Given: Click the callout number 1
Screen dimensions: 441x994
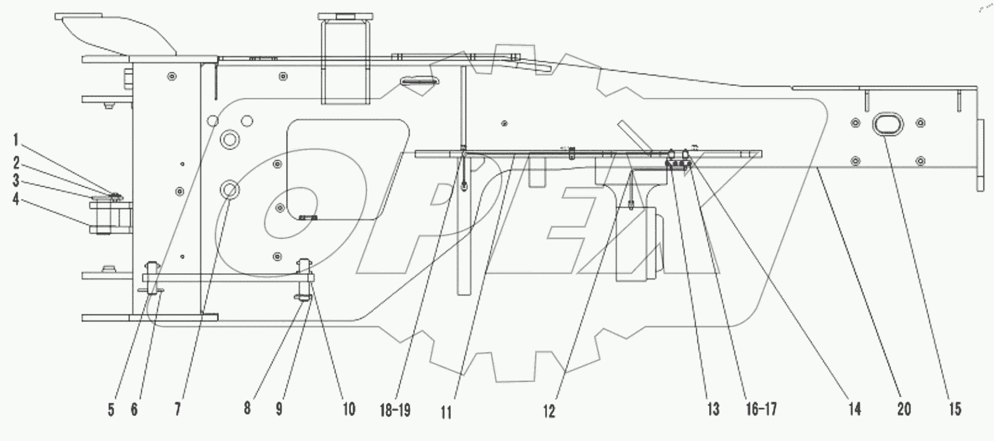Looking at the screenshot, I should point(16,140).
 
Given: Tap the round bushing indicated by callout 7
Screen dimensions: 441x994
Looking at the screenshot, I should point(229,190).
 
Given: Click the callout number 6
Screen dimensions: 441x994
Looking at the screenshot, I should point(134,409).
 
